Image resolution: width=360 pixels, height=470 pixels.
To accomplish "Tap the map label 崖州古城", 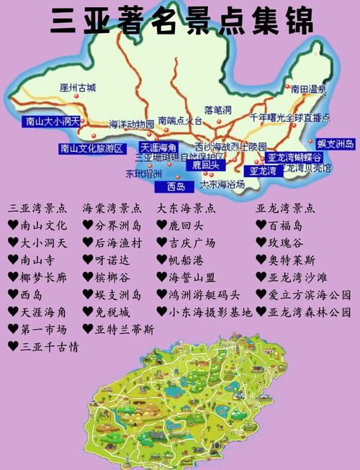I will (x=78, y=88).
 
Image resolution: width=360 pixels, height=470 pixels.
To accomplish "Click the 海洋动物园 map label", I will (x=132, y=124).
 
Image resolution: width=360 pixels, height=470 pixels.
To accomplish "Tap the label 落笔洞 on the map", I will (x=217, y=110).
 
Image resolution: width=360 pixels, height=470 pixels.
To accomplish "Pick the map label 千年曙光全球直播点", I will (x=289, y=117).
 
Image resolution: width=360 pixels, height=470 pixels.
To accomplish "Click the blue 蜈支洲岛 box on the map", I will (x=336, y=145).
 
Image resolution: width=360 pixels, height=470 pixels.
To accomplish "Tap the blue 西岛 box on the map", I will (x=175, y=187).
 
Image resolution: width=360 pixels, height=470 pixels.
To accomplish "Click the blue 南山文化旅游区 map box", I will (x=92, y=149).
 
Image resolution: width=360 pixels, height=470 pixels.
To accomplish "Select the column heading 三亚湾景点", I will (x=38, y=209).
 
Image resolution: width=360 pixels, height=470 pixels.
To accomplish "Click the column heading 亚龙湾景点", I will (x=286, y=209).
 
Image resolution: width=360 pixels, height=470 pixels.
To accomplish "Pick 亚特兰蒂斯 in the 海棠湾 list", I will (x=125, y=330).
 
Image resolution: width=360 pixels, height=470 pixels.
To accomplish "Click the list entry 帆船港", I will (x=186, y=260).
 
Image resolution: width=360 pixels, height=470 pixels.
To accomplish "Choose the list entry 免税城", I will (x=112, y=312).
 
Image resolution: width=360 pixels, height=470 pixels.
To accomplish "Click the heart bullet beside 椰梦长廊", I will (x=13, y=278).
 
